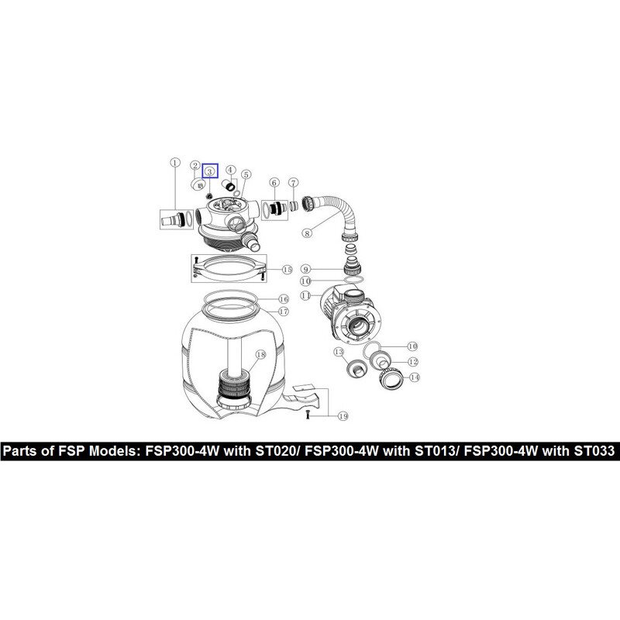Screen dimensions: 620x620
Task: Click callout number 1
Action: pyautogui.click(x=175, y=163)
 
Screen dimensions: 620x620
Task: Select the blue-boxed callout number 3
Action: pyautogui.click(x=210, y=171)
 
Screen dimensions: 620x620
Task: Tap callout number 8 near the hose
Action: pyautogui.click(x=307, y=233)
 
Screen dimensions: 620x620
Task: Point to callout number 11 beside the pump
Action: pyautogui.click(x=305, y=295)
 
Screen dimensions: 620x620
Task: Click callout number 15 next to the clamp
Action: pyautogui.click(x=287, y=270)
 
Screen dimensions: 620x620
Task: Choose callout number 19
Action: pyautogui.click(x=343, y=416)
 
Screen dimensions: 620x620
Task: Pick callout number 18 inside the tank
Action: pyautogui.click(x=260, y=355)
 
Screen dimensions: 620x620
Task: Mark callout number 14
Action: pyautogui.click(x=414, y=377)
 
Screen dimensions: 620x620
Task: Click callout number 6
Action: pyautogui.click(x=274, y=183)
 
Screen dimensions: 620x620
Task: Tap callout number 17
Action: pyautogui.click(x=284, y=312)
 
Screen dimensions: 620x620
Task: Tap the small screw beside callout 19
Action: pyautogui.click(x=308, y=415)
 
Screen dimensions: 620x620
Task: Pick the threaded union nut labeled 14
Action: pyautogui.click(x=390, y=379)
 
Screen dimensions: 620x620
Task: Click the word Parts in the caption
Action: pyautogui.click(x=26, y=451)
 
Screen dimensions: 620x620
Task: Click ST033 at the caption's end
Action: pyautogui.click(x=594, y=451)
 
